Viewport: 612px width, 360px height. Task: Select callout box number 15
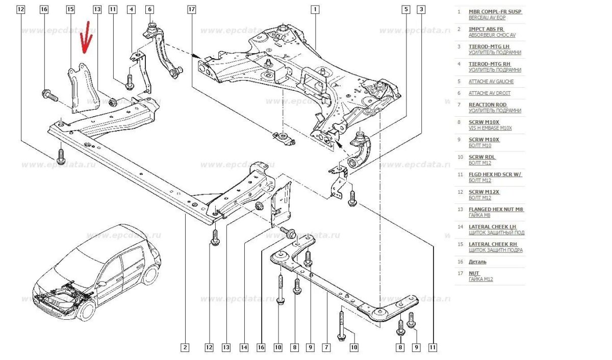pyautogui.click(x=70, y=10)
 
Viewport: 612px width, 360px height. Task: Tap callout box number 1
pyautogui.click(x=315, y=9)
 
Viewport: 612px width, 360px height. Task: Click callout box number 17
pyautogui.click(x=191, y=10)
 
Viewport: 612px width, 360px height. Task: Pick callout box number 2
pyautogui.click(x=185, y=348)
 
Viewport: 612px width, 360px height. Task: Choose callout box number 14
pyautogui.click(x=244, y=348)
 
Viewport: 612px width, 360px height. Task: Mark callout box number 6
pyautogui.click(x=149, y=10)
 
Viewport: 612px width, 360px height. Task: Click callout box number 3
pyautogui.click(x=421, y=9)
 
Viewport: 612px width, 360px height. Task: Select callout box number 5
pyautogui.click(x=406, y=9)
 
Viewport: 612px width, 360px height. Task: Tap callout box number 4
pyautogui.click(x=132, y=10)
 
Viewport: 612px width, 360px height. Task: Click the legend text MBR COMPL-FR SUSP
pyautogui.click(x=495, y=11)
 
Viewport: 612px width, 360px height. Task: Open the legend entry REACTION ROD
pyautogui.click(x=488, y=105)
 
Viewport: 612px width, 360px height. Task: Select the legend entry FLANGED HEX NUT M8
pyautogui.click(x=496, y=209)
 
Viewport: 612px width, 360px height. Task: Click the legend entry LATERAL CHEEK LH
pyautogui.click(x=492, y=226)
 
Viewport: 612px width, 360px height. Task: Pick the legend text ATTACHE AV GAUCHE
pyautogui.click(x=491, y=82)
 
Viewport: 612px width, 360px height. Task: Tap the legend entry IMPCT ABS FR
pyautogui.click(x=486, y=29)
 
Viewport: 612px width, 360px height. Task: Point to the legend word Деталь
pyautogui.click(x=477, y=262)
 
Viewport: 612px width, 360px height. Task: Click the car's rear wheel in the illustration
pyautogui.click(x=149, y=274)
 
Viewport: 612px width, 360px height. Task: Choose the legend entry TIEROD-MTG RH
pyautogui.click(x=489, y=64)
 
